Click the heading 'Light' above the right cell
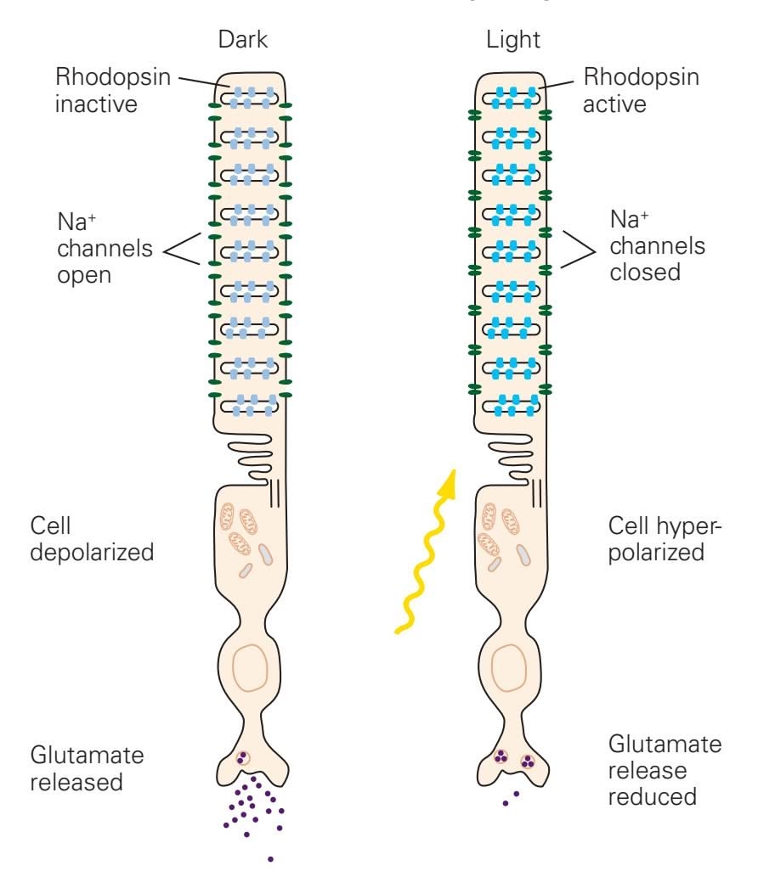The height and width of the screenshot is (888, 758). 507,40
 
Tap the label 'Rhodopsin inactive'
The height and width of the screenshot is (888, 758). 114,90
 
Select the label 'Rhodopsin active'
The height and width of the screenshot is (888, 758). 642,90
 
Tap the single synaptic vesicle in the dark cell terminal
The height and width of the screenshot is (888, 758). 244,756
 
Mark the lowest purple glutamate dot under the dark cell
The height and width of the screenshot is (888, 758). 270,859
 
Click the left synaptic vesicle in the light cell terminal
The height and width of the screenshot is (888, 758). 501,758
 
